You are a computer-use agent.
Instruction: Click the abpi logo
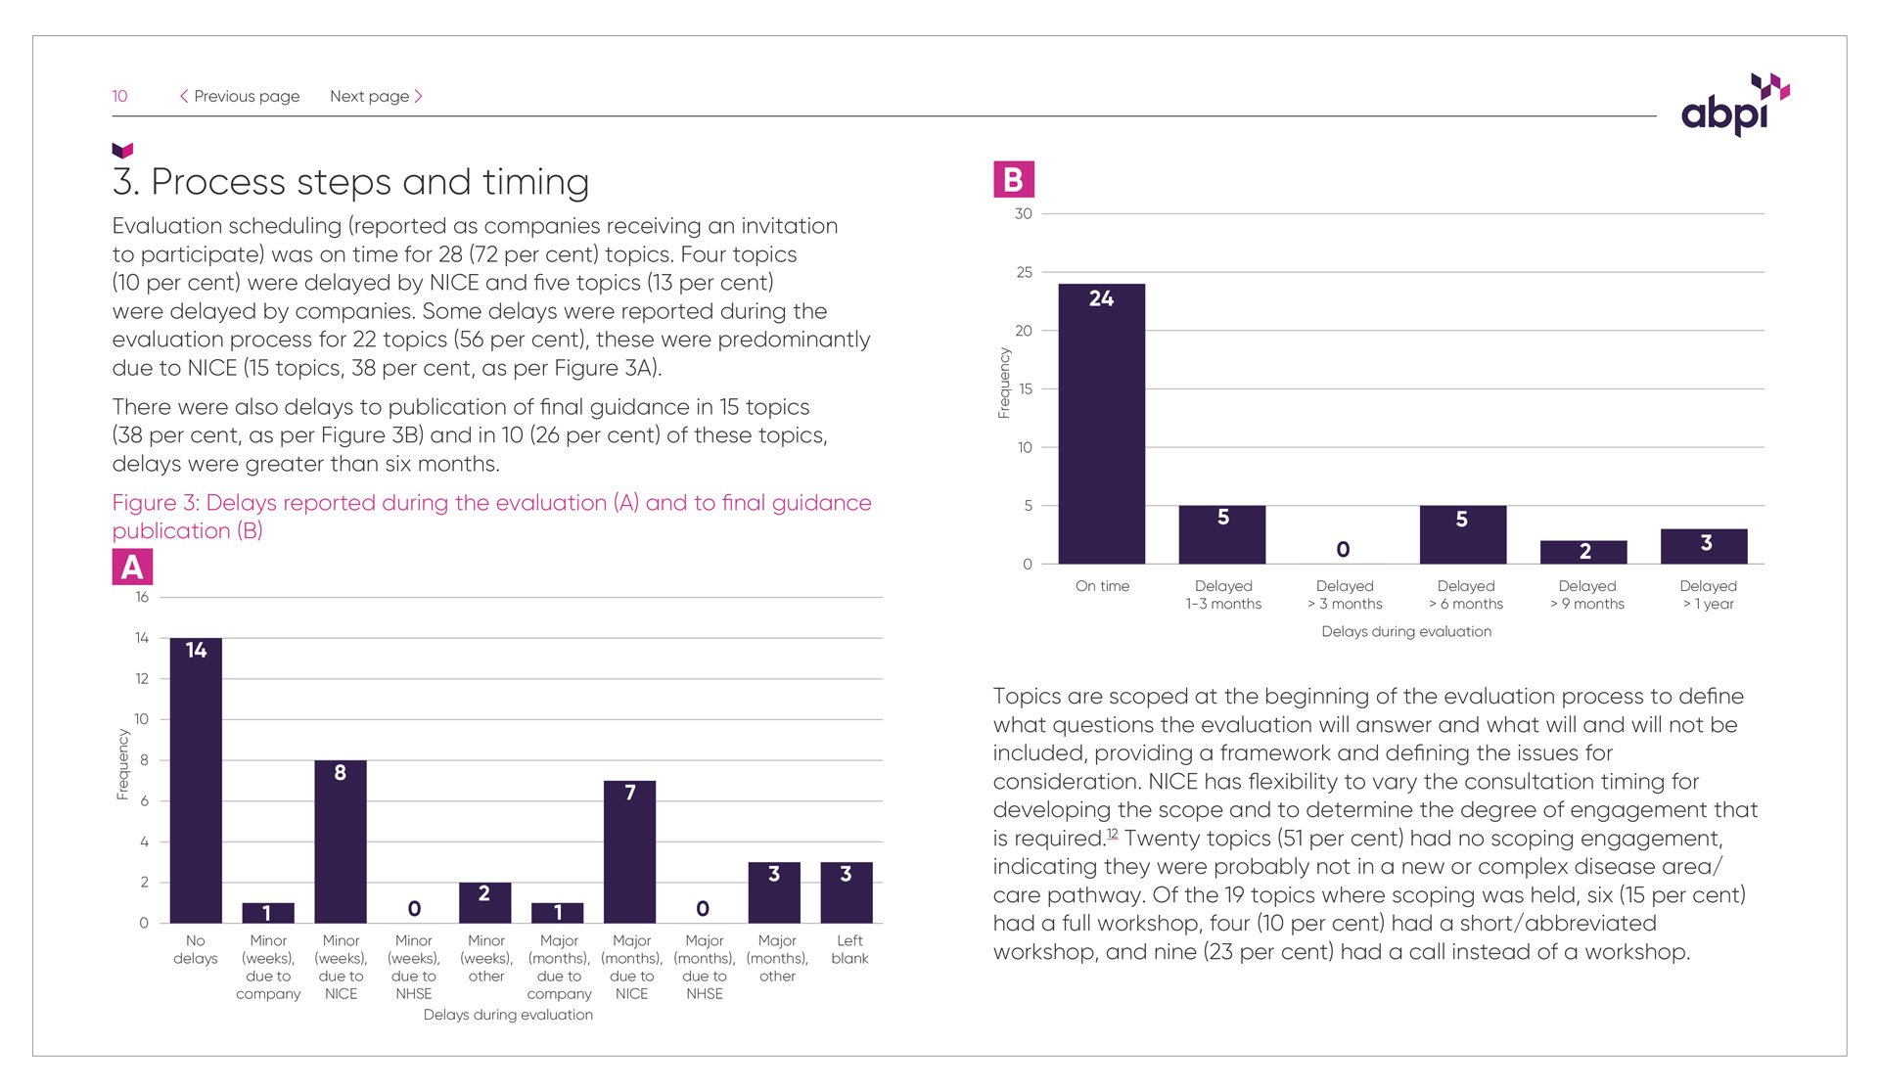[x=1733, y=106]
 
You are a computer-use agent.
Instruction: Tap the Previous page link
[x=240, y=96]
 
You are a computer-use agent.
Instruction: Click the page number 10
[x=119, y=96]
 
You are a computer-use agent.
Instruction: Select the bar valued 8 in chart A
[x=341, y=842]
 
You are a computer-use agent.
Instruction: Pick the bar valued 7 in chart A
[x=630, y=851]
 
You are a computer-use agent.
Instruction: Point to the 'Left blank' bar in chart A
[x=847, y=892]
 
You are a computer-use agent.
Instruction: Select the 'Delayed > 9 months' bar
[x=1583, y=552]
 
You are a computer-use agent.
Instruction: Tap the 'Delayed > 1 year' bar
[x=1704, y=546]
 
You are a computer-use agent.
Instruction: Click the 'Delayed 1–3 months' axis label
[x=1223, y=595]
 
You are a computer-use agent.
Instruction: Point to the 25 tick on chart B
[x=1024, y=272]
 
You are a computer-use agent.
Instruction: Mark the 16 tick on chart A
[x=142, y=597]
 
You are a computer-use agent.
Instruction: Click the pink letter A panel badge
[x=132, y=568]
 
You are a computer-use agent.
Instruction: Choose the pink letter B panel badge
[x=1014, y=180]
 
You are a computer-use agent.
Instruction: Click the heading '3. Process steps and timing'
[x=350, y=182]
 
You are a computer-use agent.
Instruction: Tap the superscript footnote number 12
[x=1112, y=834]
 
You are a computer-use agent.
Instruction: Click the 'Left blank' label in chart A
[x=849, y=949]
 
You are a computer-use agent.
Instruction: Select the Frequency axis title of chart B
[x=1003, y=384]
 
